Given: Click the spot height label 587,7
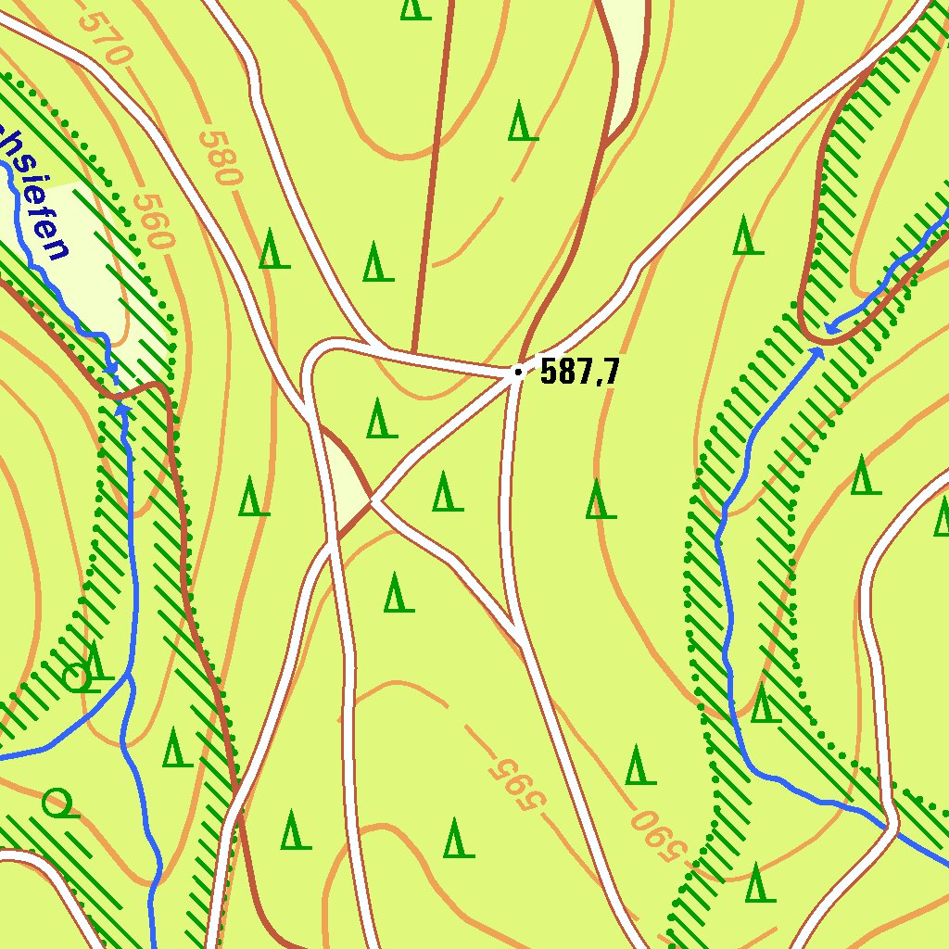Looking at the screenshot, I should tap(579, 372).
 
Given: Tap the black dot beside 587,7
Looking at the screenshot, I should tap(517, 373).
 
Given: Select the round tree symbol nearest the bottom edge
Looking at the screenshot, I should tap(57, 803).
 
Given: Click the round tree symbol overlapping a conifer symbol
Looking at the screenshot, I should tap(80, 677).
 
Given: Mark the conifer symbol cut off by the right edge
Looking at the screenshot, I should tap(941, 517).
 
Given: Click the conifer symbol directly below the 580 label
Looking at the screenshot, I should tap(273, 249).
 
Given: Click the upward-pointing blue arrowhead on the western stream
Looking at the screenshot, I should tap(121, 408).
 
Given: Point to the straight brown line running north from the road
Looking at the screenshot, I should tap(432, 176).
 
